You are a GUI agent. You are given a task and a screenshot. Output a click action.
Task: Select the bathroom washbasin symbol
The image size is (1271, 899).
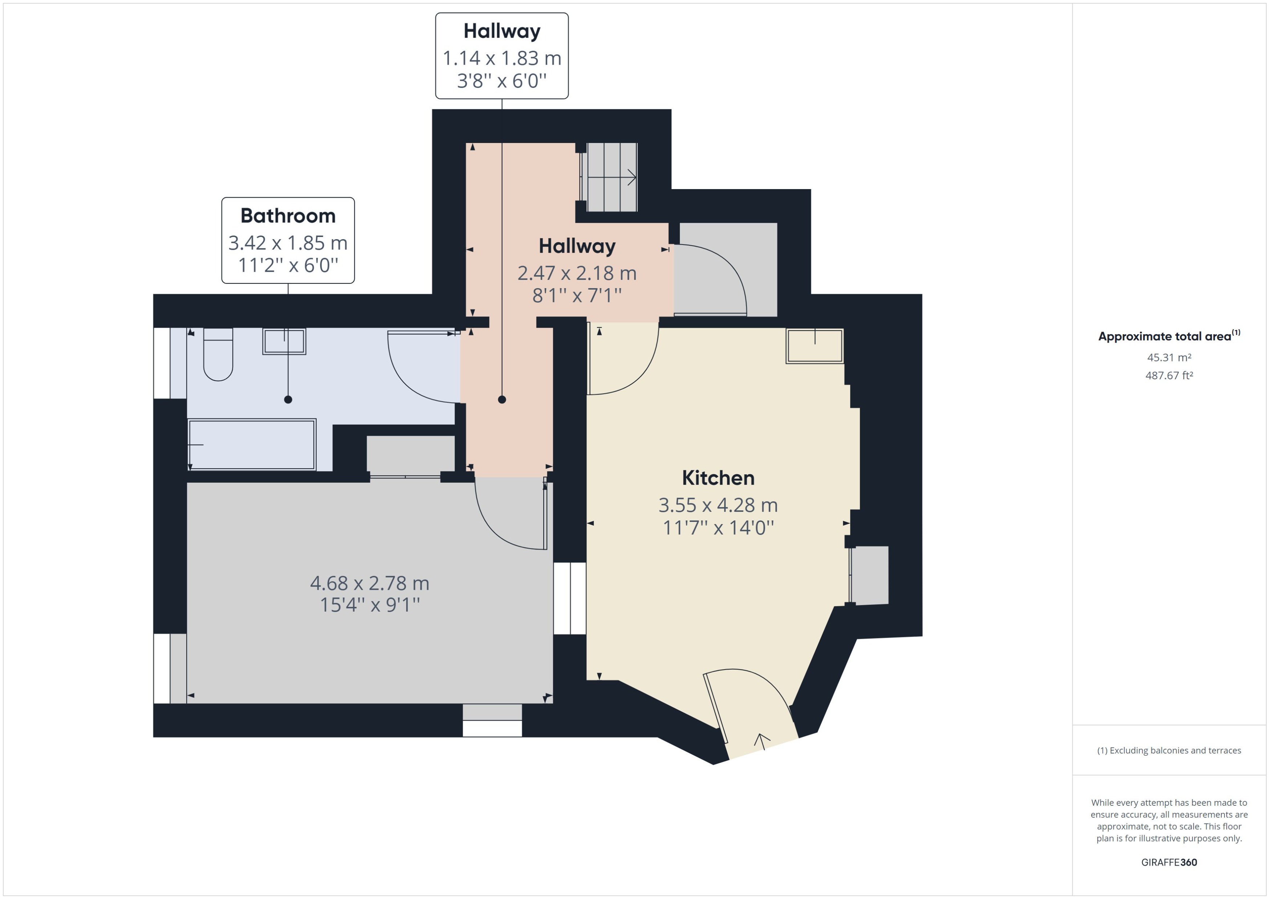click(284, 342)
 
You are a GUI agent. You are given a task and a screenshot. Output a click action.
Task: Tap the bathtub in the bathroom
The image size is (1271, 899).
click(252, 445)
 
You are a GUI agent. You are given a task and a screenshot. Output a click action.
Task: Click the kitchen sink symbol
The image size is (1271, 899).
click(814, 346)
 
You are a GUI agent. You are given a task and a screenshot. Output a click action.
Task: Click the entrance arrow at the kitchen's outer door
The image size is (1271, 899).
click(762, 741)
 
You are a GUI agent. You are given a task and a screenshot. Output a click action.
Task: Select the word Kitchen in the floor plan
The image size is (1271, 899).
click(718, 478)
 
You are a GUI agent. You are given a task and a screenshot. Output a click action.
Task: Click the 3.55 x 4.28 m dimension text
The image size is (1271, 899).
click(718, 505)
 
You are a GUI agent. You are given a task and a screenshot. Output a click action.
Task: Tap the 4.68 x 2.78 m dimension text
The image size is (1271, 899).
click(369, 583)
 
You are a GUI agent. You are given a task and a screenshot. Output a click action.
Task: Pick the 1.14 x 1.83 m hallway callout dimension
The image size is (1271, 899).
click(502, 58)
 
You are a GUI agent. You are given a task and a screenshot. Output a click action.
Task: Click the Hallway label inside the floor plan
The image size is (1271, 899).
click(577, 246)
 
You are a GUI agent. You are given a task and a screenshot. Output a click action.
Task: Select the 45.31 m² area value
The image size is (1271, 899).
click(1169, 357)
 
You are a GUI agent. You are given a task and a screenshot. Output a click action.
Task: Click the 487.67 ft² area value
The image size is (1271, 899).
click(1169, 375)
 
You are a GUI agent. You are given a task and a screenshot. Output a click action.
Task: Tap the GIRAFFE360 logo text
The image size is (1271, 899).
click(1169, 862)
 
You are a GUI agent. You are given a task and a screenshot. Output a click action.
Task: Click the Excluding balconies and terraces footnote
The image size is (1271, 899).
click(1169, 750)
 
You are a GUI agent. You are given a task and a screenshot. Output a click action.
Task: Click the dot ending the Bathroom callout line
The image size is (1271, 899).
click(288, 399)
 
